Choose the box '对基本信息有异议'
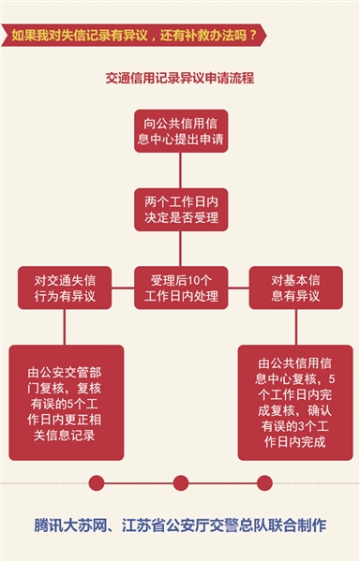click(296, 288)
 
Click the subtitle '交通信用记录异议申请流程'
click(180, 79)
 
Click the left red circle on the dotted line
click(96, 482)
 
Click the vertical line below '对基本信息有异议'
click(296, 326)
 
